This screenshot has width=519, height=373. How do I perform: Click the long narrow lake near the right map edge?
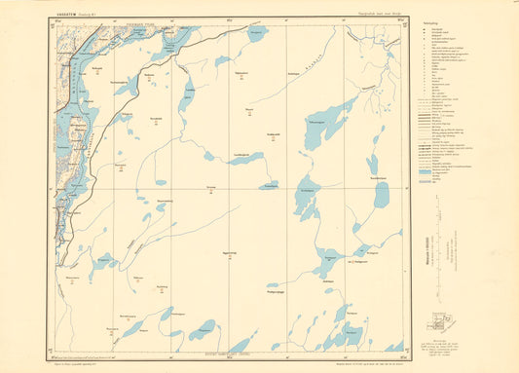click(381, 194)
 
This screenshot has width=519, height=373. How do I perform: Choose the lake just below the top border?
click(256, 33)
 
